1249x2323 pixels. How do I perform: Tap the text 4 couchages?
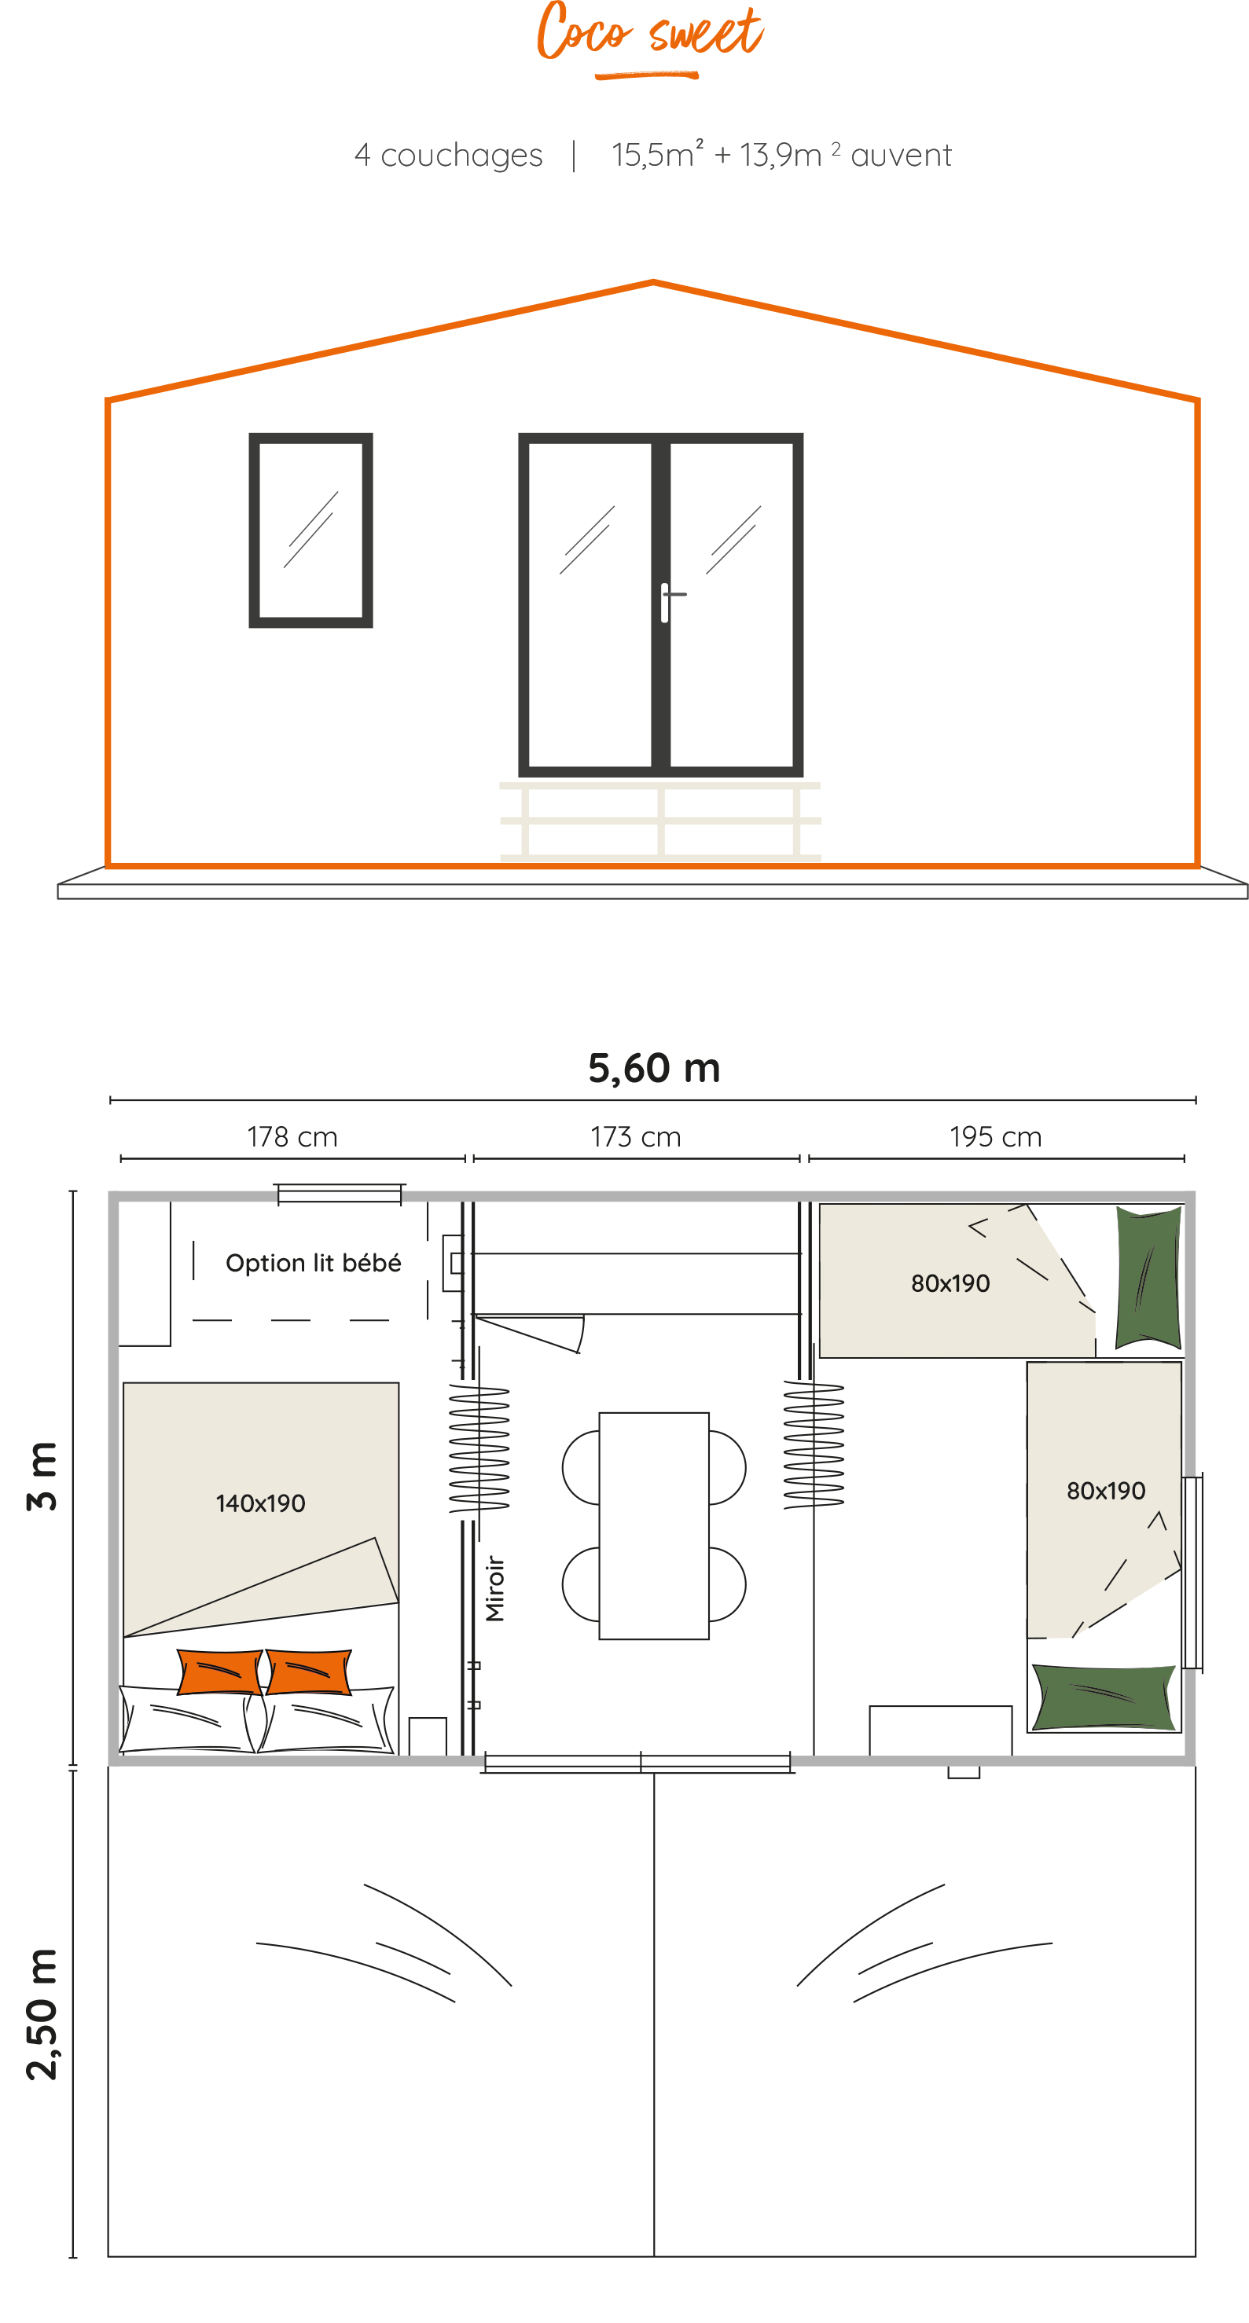[448, 155]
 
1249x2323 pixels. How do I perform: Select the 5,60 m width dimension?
[654, 1068]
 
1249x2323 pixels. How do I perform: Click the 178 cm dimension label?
[292, 1136]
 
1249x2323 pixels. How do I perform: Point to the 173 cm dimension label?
[636, 1136]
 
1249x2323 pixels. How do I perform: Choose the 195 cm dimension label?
[996, 1136]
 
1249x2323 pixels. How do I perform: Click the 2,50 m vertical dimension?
[42, 2013]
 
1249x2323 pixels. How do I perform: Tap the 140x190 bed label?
[261, 1503]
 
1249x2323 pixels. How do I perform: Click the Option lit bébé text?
[313, 1263]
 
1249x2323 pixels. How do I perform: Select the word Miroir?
[495, 1588]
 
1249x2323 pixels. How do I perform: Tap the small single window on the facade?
[311, 530]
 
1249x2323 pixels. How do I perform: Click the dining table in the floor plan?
[654, 1526]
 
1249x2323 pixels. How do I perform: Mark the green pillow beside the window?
[1104, 1697]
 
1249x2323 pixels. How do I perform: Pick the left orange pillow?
[220, 1672]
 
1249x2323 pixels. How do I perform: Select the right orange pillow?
[308, 1672]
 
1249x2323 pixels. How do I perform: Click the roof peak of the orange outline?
[653, 282]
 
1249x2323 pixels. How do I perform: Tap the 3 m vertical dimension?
[42, 1475]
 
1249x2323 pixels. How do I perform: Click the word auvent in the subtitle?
[901, 155]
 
